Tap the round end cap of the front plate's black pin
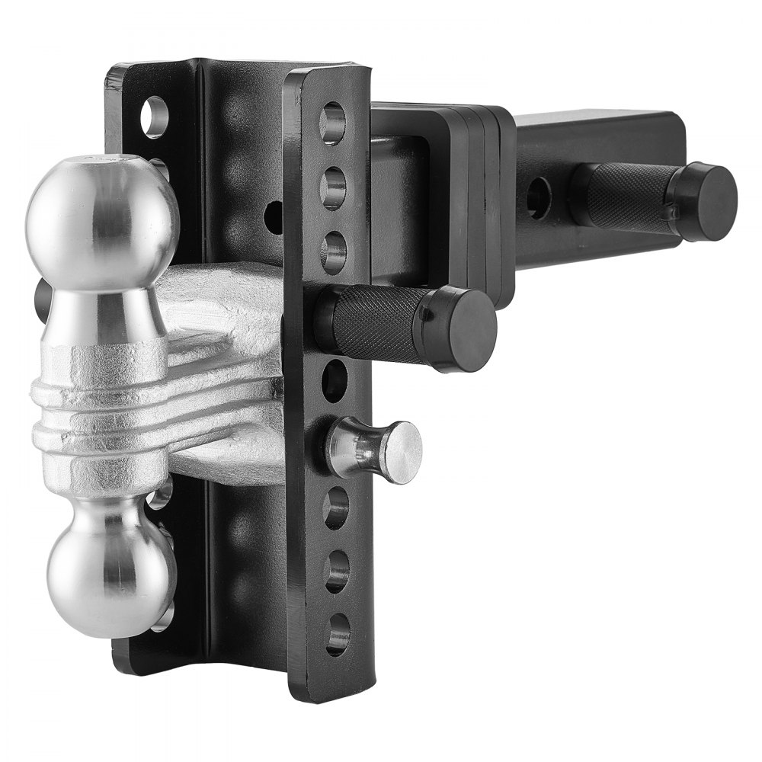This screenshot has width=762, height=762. click(x=464, y=329)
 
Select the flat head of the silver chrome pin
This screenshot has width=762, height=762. click(x=402, y=453)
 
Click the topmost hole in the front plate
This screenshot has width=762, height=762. click(x=332, y=123)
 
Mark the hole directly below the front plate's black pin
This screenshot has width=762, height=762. click(x=333, y=379)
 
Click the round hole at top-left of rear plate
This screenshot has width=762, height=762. click(x=155, y=116)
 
